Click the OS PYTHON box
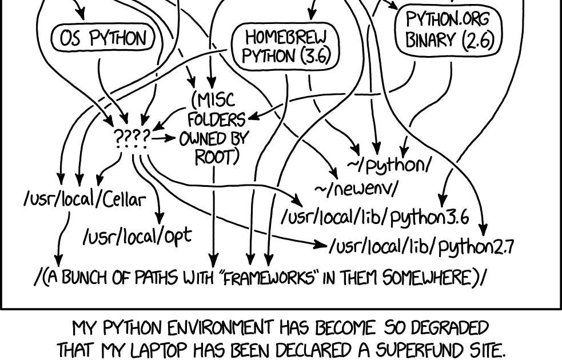tap(103, 38)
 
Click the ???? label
tap(132, 138)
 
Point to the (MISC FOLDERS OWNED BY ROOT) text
tap(214, 129)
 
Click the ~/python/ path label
tap(389, 165)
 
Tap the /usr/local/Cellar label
tap(85, 199)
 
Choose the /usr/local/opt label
tap(137, 235)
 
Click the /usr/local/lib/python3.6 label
tap(375, 217)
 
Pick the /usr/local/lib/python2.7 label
tap(421, 246)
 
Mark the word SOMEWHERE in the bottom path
tap(426, 278)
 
